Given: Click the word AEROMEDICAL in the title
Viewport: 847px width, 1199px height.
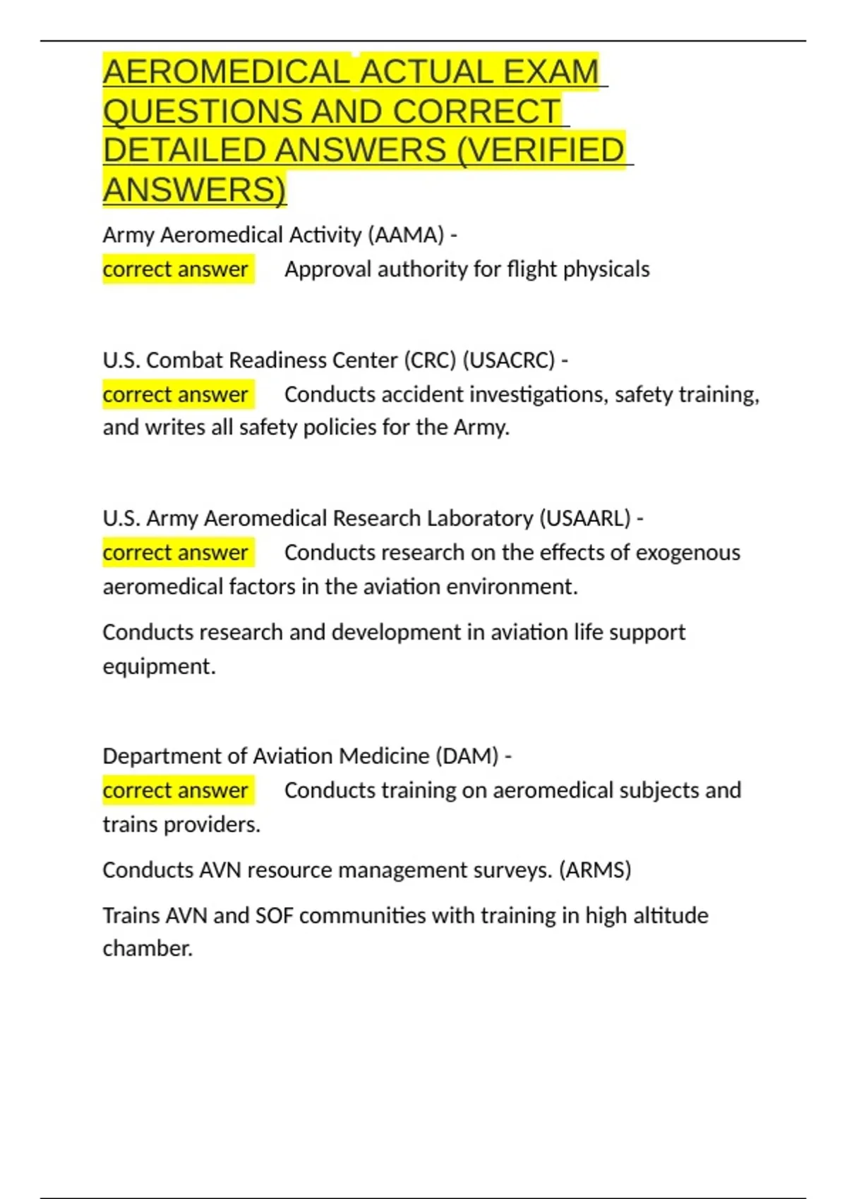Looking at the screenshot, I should point(226,72).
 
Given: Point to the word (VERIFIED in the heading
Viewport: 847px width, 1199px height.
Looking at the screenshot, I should point(541,150).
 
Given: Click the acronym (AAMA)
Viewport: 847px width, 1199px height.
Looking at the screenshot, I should point(406,235).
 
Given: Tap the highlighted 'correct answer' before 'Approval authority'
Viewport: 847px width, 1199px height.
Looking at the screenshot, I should point(176,269).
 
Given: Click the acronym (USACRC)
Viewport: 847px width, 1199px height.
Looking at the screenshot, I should point(508,360).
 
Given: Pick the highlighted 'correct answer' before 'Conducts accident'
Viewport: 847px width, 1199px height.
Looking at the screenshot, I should point(176,394).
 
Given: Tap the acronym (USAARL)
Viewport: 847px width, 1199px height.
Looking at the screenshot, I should point(585,518).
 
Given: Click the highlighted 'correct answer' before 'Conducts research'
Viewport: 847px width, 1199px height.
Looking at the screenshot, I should point(176,552).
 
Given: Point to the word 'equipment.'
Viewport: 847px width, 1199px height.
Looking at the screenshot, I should point(160,667).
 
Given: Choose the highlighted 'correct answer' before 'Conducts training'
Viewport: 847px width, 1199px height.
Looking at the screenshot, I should point(176,791).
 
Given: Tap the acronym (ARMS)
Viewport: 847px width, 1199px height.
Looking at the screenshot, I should point(595,870).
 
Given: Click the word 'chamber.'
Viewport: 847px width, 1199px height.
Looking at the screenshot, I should point(148,949).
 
